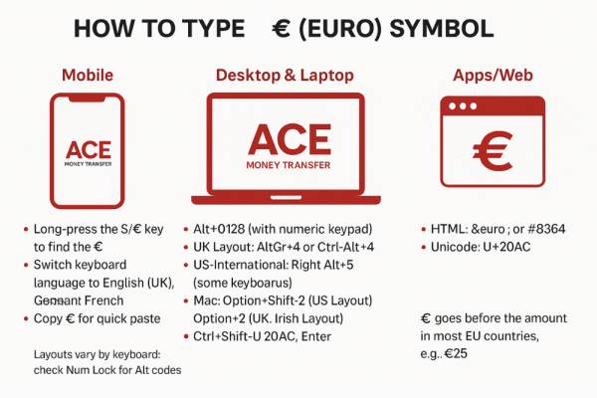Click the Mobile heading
tap(87, 75)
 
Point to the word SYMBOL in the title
tap(444, 28)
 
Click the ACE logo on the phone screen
tap(88, 149)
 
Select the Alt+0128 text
tap(226, 230)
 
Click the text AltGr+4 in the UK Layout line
tap(295, 248)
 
